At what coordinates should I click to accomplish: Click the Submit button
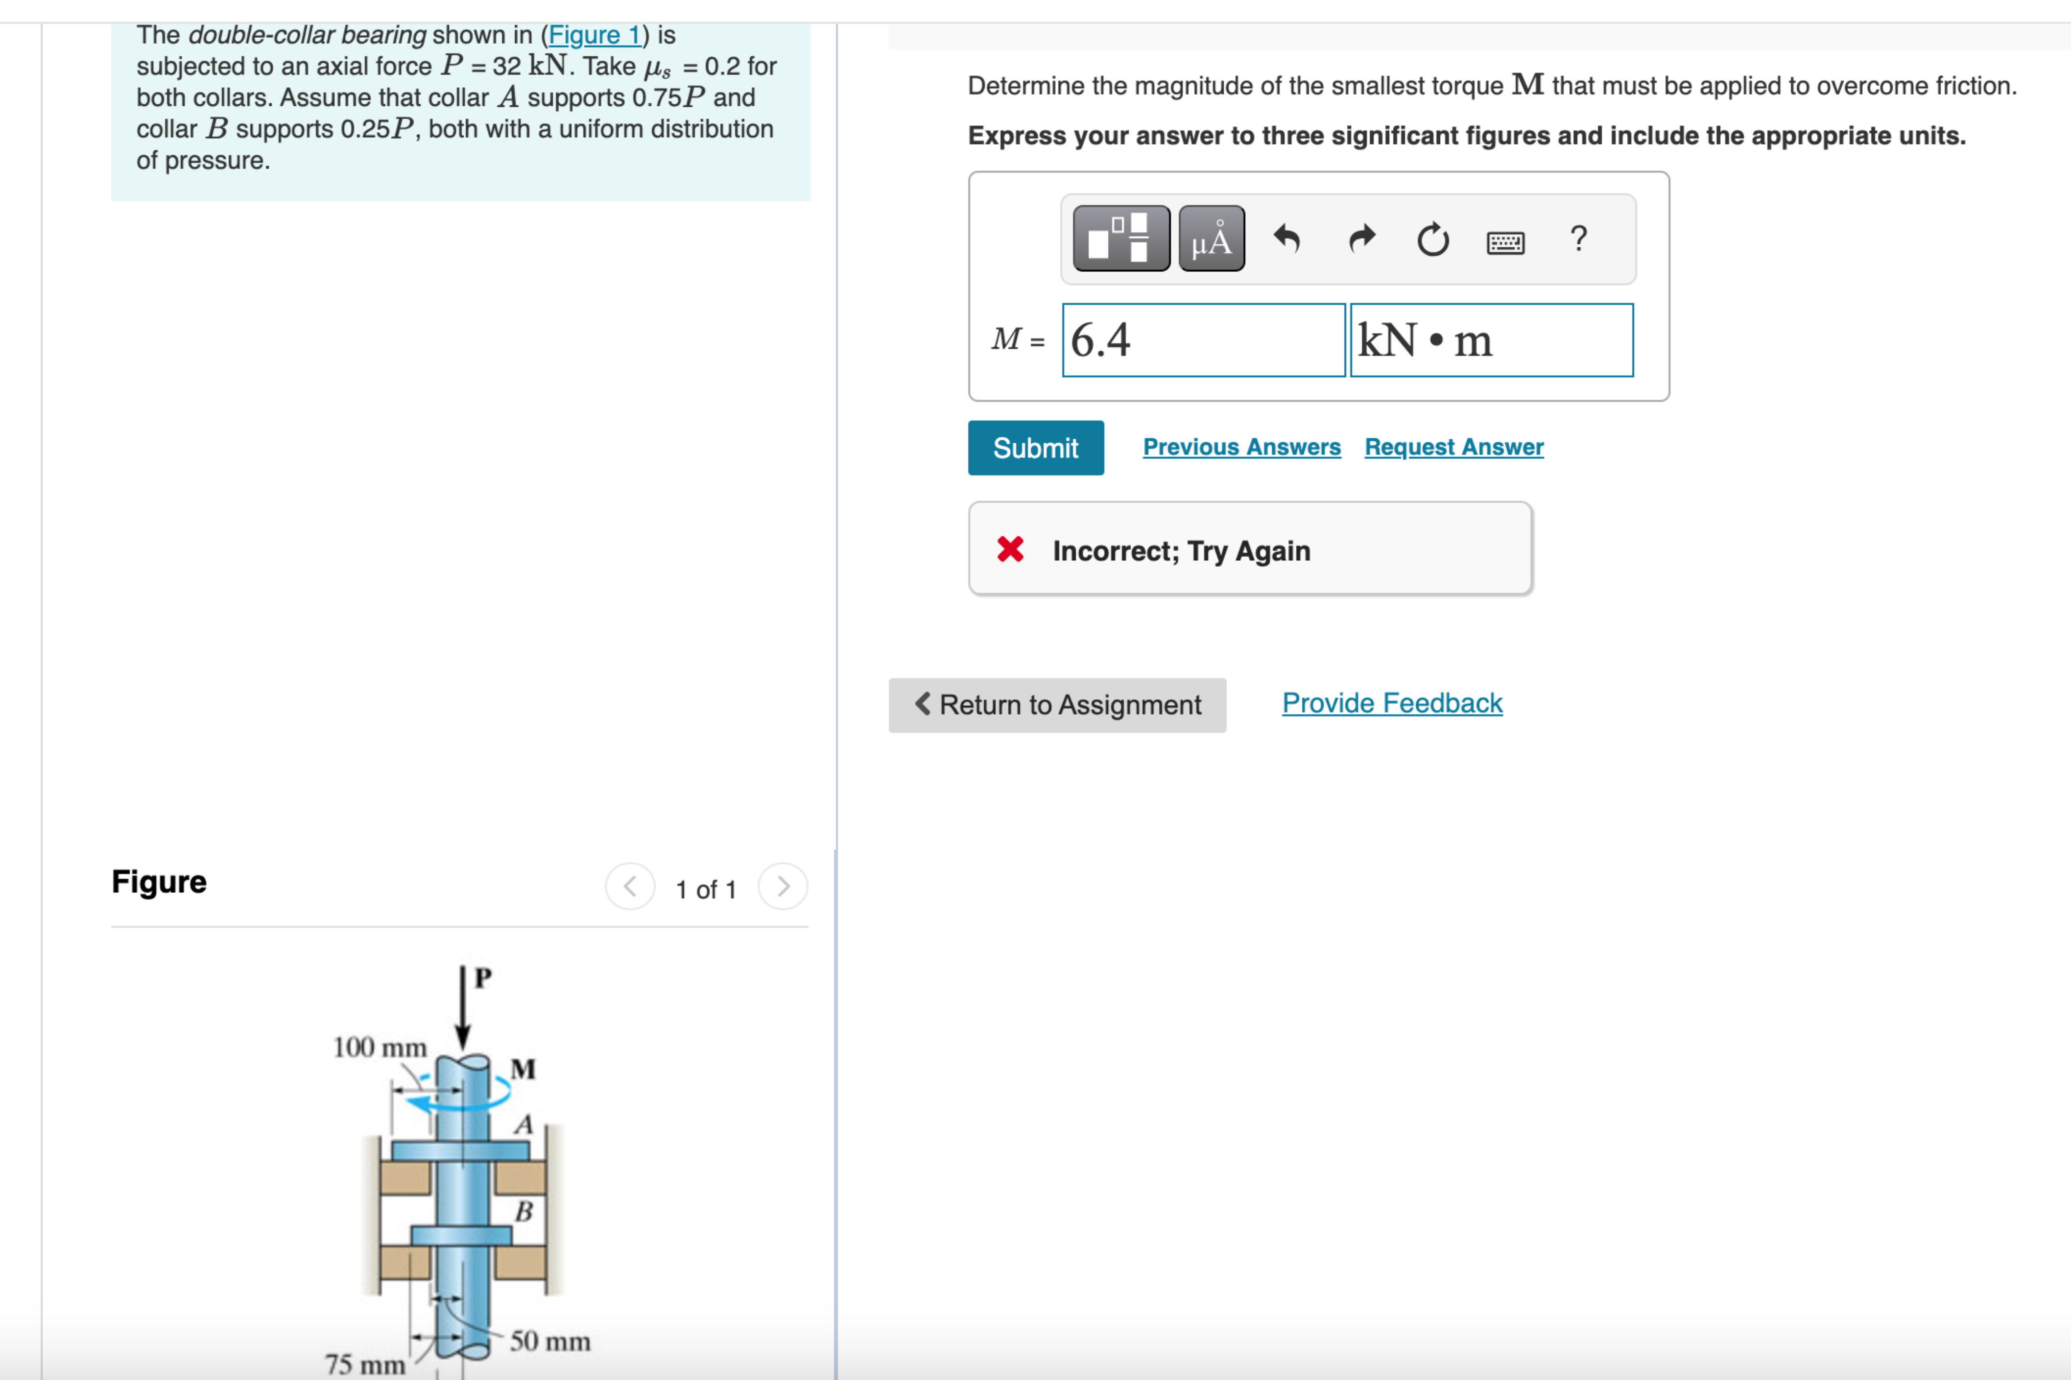click(x=1035, y=448)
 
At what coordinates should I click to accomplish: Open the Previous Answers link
click(x=1241, y=447)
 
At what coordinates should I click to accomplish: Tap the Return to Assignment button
click(x=1057, y=705)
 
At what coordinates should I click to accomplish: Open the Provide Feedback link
click(x=1391, y=703)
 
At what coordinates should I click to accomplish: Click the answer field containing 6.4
click(x=1203, y=341)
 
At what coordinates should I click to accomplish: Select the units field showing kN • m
click(x=1491, y=341)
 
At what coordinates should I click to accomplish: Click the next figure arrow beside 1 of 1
click(x=783, y=886)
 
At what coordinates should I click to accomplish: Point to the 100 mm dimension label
click(x=380, y=1047)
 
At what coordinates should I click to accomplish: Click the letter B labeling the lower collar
click(x=524, y=1212)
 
